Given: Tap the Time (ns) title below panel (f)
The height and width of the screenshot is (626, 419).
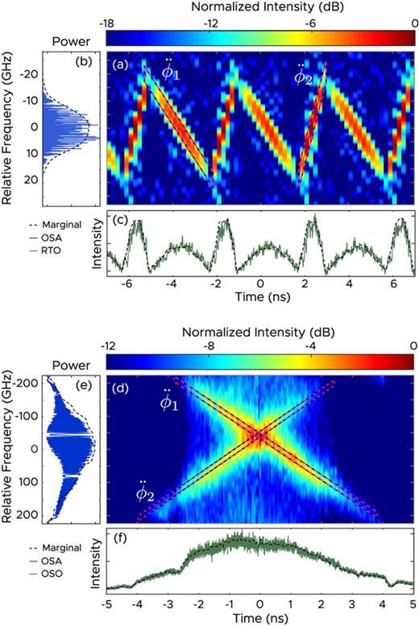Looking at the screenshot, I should point(259,618).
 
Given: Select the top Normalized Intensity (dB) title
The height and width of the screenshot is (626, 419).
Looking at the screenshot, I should point(259,7).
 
